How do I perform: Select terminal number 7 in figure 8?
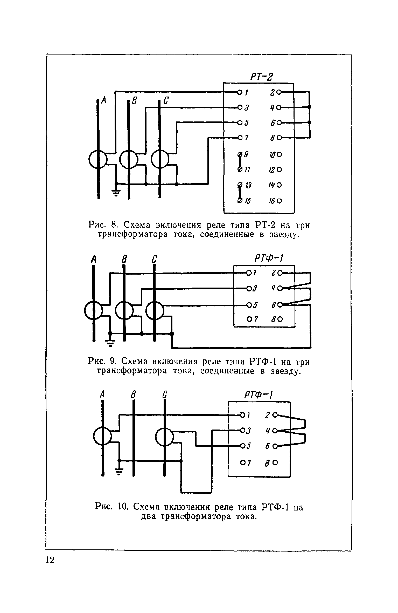(x=247, y=138)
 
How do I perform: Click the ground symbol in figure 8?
(x=116, y=193)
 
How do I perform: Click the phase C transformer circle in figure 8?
(x=160, y=159)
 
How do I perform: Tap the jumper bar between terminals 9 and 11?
(x=240, y=162)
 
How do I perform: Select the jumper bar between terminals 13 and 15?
(x=240, y=193)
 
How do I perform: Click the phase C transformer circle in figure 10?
(x=164, y=437)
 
